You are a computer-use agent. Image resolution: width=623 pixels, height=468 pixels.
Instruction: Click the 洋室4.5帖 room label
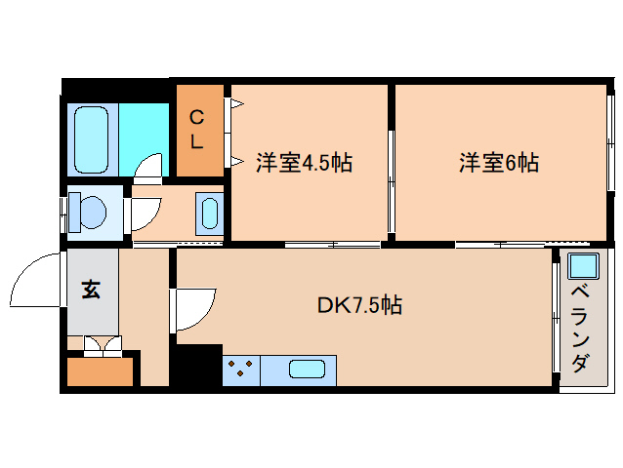pos(304,162)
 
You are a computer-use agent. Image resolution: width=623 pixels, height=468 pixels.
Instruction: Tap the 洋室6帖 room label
pos(499,162)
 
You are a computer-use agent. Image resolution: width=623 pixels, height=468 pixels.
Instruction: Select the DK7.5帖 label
pos(359,305)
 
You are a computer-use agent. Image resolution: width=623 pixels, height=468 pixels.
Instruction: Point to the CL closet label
pos(196,130)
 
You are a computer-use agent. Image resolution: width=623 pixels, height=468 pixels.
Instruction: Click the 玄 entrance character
pos(91,290)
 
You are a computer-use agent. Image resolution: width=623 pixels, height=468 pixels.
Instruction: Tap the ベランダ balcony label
pos(579,327)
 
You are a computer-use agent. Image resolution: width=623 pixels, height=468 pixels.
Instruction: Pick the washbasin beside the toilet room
pos(209,213)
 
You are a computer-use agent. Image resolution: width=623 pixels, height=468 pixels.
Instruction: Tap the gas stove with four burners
pos(241,370)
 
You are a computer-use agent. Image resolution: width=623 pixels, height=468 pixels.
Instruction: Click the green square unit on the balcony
pos(582,264)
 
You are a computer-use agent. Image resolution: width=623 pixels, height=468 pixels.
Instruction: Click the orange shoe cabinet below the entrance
pos(99,372)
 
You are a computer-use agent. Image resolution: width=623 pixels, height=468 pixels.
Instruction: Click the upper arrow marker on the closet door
pos(236,101)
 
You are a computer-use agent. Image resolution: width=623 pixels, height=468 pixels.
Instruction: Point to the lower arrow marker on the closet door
pos(236,162)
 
